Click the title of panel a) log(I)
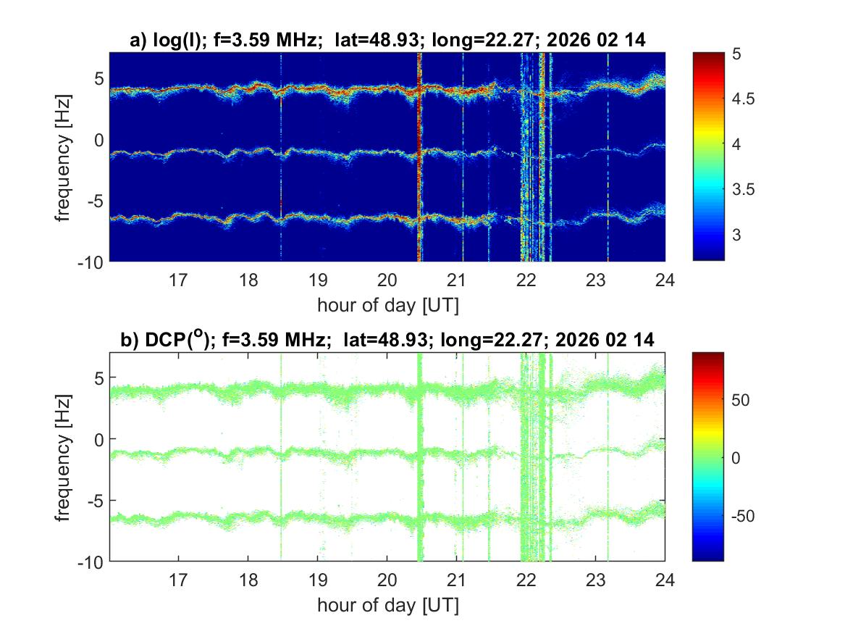click(x=387, y=41)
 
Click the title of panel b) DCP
click(x=387, y=340)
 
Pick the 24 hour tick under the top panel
click(x=665, y=279)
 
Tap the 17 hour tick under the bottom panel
click(x=179, y=579)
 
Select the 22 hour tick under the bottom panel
click(x=526, y=579)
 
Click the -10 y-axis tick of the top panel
click(x=92, y=261)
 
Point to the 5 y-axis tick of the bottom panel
click(x=101, y=378)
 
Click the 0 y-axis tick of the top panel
click(x=101, y=139)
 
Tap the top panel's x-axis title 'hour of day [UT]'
click(x=387, y=304)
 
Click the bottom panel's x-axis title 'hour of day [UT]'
click(x=387, y=604)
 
